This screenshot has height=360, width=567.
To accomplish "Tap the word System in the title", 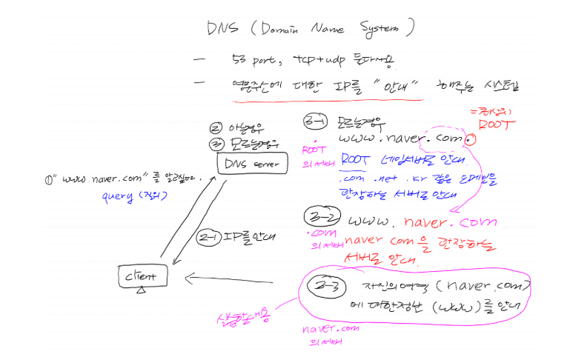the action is (374, 30).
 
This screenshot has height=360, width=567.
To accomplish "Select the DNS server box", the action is (251, 162).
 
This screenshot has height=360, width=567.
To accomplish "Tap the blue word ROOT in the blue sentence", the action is (356, 158).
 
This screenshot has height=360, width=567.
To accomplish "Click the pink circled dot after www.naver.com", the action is (471, 138).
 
